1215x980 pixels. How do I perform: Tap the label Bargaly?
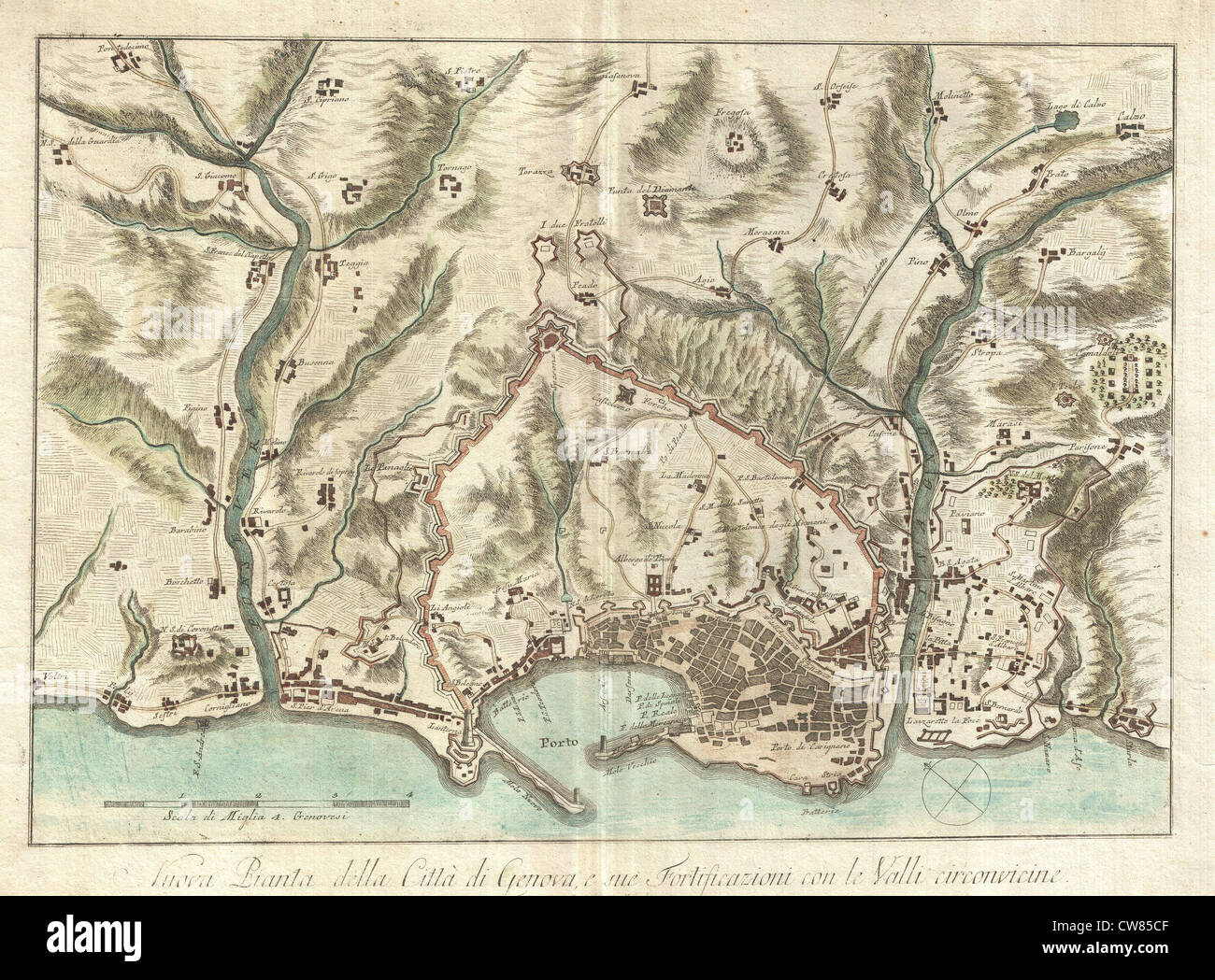pyautogui.click(x=1082, y=251)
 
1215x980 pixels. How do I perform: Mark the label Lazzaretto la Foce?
pyautogui.click(x=951, y=723)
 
